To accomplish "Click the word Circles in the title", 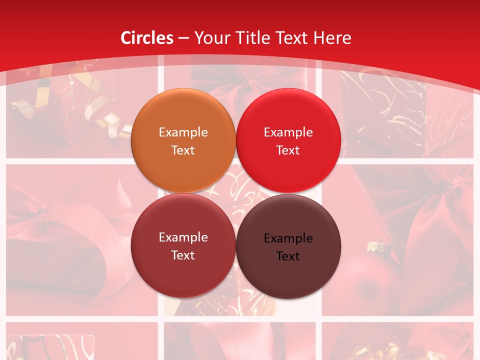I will click(147, 38).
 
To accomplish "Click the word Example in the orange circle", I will click(183, 132).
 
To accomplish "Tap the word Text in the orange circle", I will click(183, 150).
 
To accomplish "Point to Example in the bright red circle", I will click(288, 132).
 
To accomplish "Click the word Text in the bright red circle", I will click(288, 150).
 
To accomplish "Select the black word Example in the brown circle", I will click(288, 238).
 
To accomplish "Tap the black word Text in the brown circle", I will click(288, 256).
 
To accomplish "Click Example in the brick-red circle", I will click(183, 237).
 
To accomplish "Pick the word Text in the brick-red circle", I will click(183, 255).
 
